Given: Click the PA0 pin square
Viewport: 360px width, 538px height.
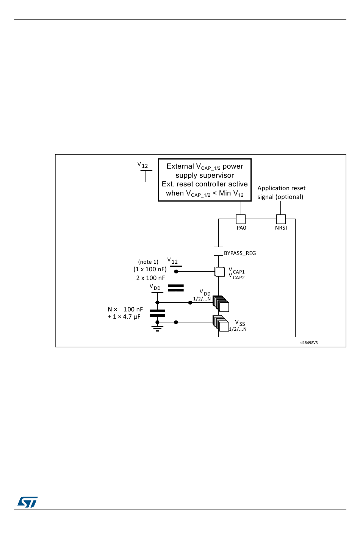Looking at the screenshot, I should coord(241,219).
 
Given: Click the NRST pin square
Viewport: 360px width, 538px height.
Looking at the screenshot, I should coord(281,219).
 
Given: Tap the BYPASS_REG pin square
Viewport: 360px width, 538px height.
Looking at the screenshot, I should coord(218,251).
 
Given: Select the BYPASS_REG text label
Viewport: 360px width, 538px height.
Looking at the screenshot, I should coord(240,253).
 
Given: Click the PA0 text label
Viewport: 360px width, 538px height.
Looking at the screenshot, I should coord(241,228).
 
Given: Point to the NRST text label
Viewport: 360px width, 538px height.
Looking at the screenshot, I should coord(282,228).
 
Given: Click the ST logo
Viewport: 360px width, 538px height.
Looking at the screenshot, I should coord(28,502).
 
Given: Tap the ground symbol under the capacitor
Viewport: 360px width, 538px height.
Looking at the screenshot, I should coord(157,328).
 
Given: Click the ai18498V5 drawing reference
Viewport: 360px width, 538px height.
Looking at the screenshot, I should coord(308,343).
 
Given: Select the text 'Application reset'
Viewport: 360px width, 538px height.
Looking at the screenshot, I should coord(281,188).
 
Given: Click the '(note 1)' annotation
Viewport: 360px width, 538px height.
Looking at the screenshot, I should coord(148,262).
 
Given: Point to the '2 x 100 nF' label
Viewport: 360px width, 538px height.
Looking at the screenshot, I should coord(150,278).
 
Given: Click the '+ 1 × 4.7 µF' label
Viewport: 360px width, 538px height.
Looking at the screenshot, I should coord(124,317).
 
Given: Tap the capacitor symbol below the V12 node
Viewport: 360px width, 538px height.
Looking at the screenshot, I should coord(176,288).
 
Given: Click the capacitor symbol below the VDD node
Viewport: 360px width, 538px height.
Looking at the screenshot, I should coord(157,313).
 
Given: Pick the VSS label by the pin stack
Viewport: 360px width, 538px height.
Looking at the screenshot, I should coord(240,323).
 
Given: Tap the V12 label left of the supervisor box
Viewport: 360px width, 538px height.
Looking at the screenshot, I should coord(143,165).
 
